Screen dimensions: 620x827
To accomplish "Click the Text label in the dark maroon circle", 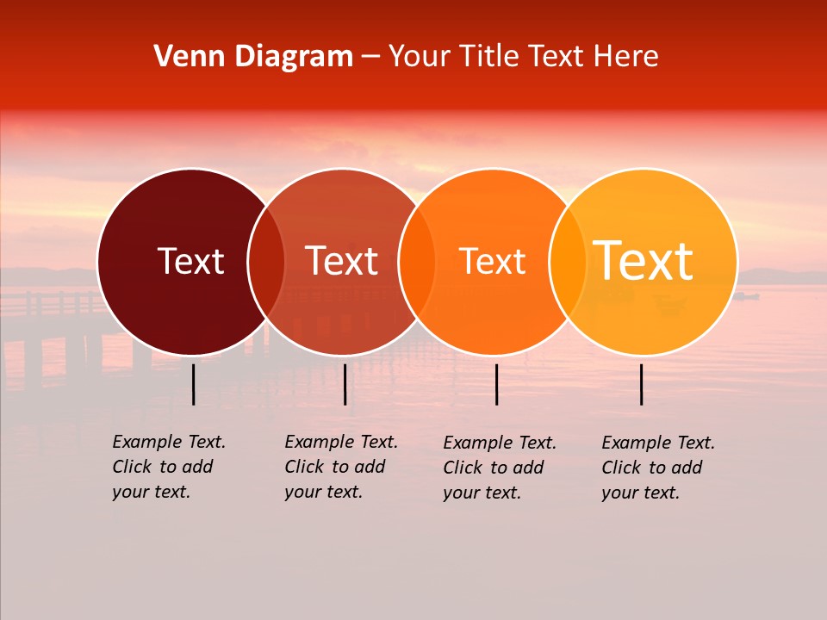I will (x=190, y=261).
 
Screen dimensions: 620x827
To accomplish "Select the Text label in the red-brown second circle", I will (x=342, y=261).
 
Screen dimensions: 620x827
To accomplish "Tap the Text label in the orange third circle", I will (x=493, y=261).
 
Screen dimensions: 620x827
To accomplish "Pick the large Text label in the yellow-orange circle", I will (x=644, y=261).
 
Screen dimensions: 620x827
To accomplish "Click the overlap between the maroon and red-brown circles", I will (x=266, y=262).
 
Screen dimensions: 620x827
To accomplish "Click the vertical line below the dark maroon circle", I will (x=194, y=384).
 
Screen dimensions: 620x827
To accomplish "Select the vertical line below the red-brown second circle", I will (x=345, y=384).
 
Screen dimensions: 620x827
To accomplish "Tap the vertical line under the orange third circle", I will (x=497, y=384).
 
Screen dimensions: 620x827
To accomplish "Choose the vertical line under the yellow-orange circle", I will (x=642, y=384).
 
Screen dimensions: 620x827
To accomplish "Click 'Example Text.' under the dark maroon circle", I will (x=169, y=442).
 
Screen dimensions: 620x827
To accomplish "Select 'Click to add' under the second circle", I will (x=335, y=467).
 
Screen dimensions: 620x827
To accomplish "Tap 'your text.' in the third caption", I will (x=482, y=493).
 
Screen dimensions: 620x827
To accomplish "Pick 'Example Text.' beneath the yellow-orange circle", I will (x=658, y=443).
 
